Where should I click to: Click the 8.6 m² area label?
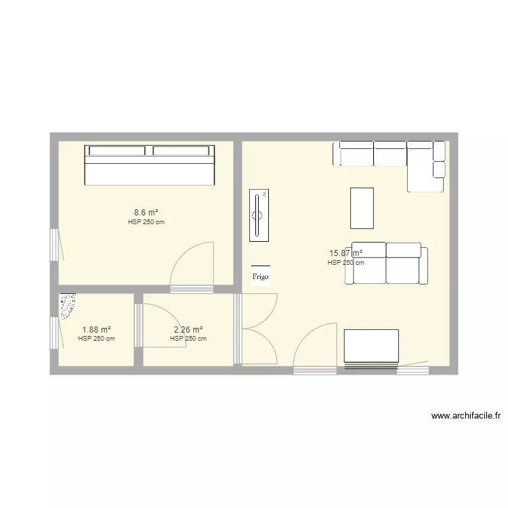pyautogui.click(x=146, y=213)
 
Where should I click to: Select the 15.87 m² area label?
pyautogui.click(x=345, y=254)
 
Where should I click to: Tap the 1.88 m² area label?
pyautogui.click(x=96, y=330)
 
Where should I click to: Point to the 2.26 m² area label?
pyautogui.click(x=188, y=330)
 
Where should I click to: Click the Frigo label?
pyautogui.click(x=260, y=276)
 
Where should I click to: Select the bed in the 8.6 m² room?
pyautogui.click(x=149, y=165)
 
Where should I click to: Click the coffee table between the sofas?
pyautogui.click(x=362, y=208)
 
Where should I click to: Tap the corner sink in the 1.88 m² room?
pyautogui.click(x=67, y=305)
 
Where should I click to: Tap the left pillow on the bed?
pyautogui.click(x=118, y=151)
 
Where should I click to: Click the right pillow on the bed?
pyautogui.click(x=181, y=151)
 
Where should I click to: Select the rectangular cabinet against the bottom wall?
pyautogui.click(x=371, y=346)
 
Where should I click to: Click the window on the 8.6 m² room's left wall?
pyautogui.click(x=54, y=244)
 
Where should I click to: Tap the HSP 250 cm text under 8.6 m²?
pyautogui.click(x=146, y=222)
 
